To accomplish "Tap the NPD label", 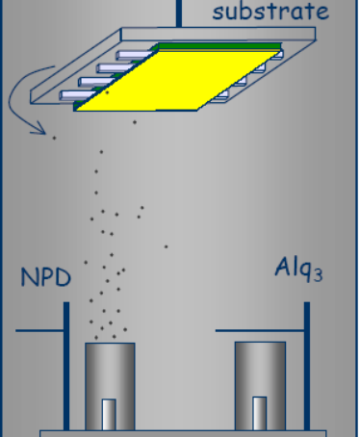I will coord(46,279).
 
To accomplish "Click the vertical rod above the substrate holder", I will coord(178,11).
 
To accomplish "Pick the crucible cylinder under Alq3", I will coord(260,385).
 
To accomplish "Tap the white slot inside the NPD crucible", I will coord(109,414).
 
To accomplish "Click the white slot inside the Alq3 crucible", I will coord(260,413).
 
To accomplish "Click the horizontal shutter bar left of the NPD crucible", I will coord(41,331).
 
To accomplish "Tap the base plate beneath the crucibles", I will coord(183,433).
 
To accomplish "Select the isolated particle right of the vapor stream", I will coord(166,246).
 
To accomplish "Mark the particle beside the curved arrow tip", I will coord(54,138).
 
